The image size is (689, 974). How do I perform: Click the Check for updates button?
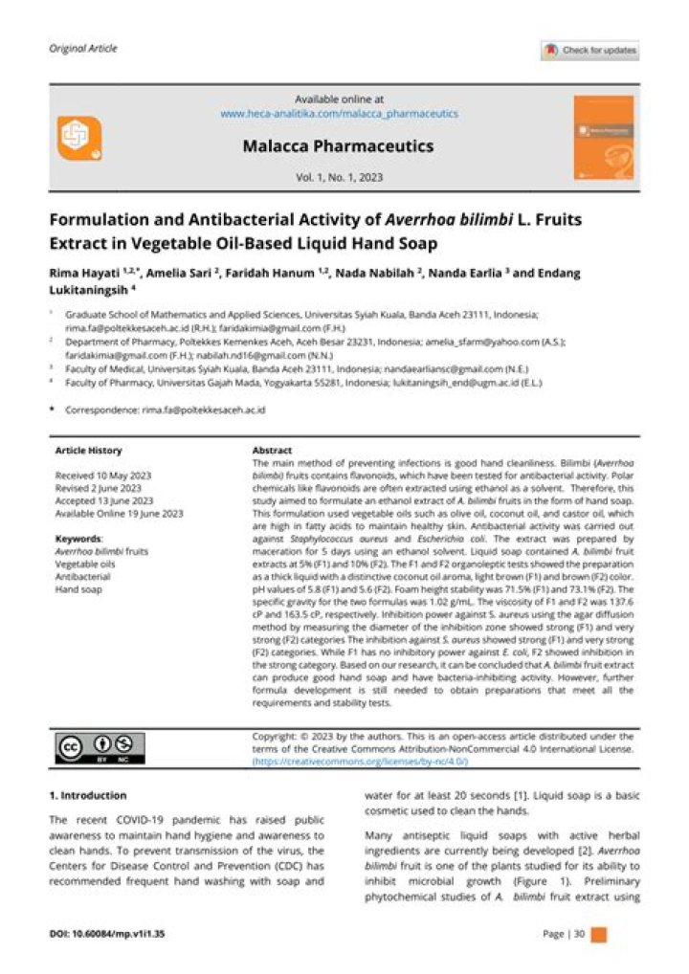[x=589, y=51]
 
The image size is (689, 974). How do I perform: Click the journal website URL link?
[x=339, y=113]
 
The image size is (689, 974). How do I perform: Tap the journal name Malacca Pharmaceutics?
[x=338, y=146]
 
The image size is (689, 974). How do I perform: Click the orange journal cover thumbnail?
[x=602, y=136]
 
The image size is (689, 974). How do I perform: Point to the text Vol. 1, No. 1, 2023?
[x=339, y=178]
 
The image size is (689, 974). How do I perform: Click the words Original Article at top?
[x=82, y=49]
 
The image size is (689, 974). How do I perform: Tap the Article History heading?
[x=88, y=450]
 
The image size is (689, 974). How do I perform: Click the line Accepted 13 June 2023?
[x=104, y=500]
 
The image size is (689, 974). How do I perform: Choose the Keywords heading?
[x=79, y=539]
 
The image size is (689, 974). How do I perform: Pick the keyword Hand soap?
[x=78, y=590]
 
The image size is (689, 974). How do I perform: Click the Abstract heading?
[x=272, y=450]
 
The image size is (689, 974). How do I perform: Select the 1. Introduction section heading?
[x=88, y=795]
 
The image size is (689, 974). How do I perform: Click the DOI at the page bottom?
[x=106, y=934]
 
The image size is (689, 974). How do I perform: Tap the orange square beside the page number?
[x=599, y=934]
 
